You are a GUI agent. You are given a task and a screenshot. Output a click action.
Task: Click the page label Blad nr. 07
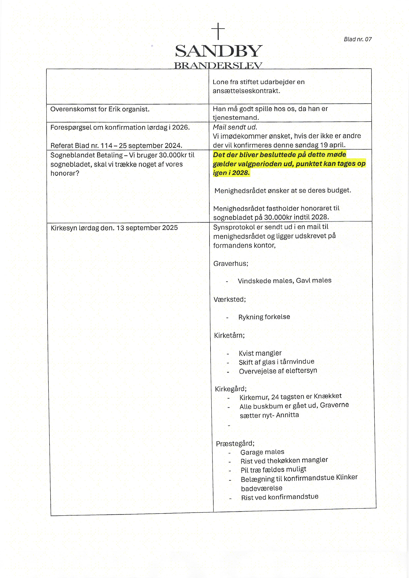pos(358,39)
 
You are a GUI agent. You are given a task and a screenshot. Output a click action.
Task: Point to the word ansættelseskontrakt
pos(246,91)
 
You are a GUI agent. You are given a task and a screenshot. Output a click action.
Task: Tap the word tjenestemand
pos(236,118)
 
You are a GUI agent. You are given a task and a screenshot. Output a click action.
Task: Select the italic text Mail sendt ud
pos(235,127)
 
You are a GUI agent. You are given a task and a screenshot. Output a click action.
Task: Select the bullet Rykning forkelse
pos(264,317)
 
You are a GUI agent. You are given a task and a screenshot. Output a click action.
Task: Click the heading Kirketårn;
pos(229,335)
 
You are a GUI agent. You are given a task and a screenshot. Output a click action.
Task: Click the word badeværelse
pos(261,488)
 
